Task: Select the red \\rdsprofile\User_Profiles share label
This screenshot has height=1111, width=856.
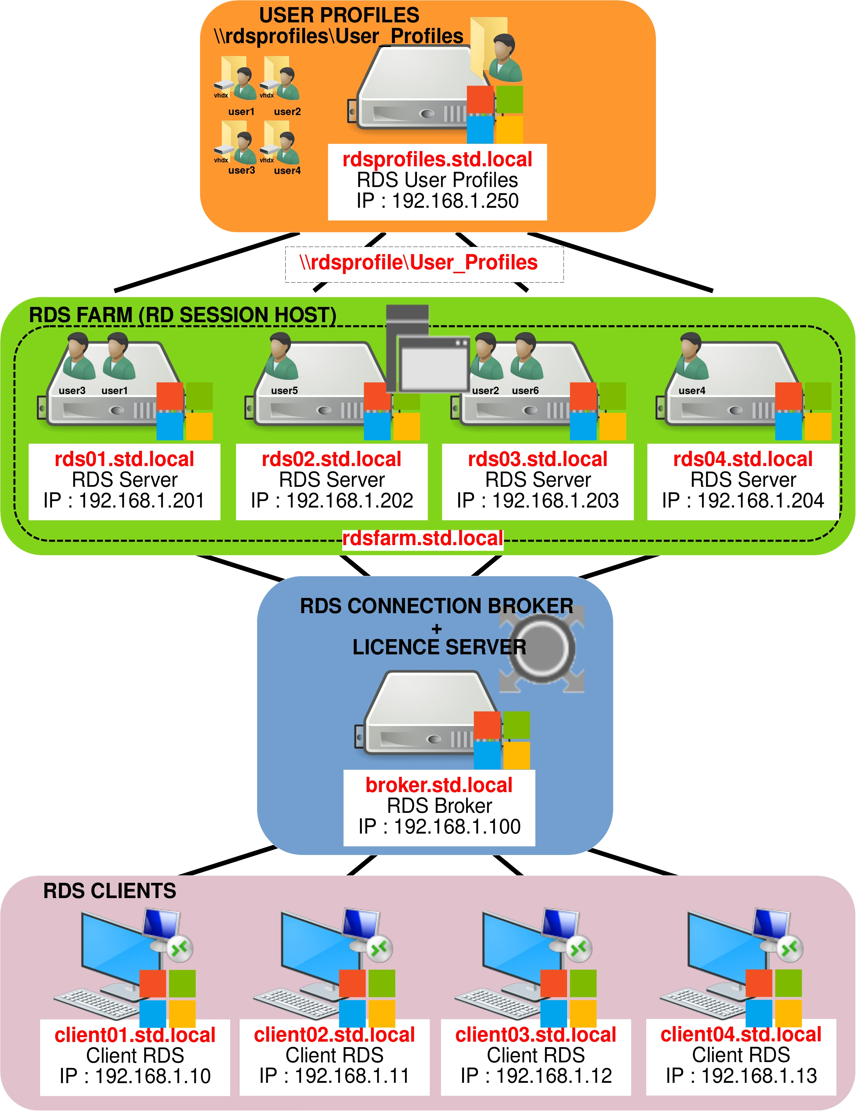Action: [x=418, y=263]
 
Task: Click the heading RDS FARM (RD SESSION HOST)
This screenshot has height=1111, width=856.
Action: [x=182, y=315]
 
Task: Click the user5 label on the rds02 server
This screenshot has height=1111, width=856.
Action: [x=284, y=391]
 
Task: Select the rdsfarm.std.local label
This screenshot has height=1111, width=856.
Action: [x=422, y=538]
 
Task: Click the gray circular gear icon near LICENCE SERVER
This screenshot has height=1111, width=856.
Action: [x=541, y=648]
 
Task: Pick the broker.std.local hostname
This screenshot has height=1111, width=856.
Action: [x=439, y=785]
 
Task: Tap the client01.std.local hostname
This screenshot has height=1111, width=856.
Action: [x=135, y=1035]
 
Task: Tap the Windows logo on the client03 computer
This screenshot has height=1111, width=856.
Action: [x=568, y=998]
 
